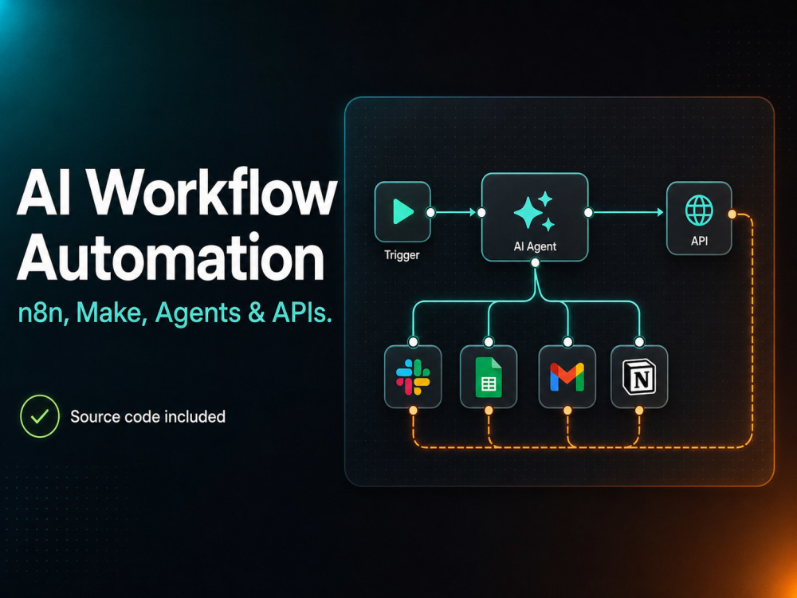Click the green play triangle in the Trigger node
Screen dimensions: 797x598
(x=403, y=211)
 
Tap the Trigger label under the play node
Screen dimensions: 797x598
(x=402, y=255)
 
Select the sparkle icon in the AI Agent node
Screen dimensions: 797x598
(x=534, y=210)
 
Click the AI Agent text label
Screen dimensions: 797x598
(x=535, y=246)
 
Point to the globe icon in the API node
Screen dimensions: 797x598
(x=700, y=210)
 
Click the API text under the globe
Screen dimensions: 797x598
(x=700, y=241)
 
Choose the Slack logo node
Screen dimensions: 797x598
(x=413, y=377)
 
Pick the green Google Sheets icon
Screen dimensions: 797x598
(x=489, y=377)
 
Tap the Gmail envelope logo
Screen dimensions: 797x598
(x=567, y=377)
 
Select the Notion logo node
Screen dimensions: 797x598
(x=639, y=377)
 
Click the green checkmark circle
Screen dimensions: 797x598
(x=40, y=416)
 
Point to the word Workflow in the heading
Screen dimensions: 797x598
(x=214, y=192)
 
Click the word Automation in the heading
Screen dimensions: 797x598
(x=171, y=257)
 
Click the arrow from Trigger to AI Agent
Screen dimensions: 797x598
(x=456, y=212)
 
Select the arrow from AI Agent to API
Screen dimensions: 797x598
(x=628, y=212)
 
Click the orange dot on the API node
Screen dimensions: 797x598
(x=732, y=214)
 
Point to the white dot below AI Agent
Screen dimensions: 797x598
(x=535, y=262)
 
